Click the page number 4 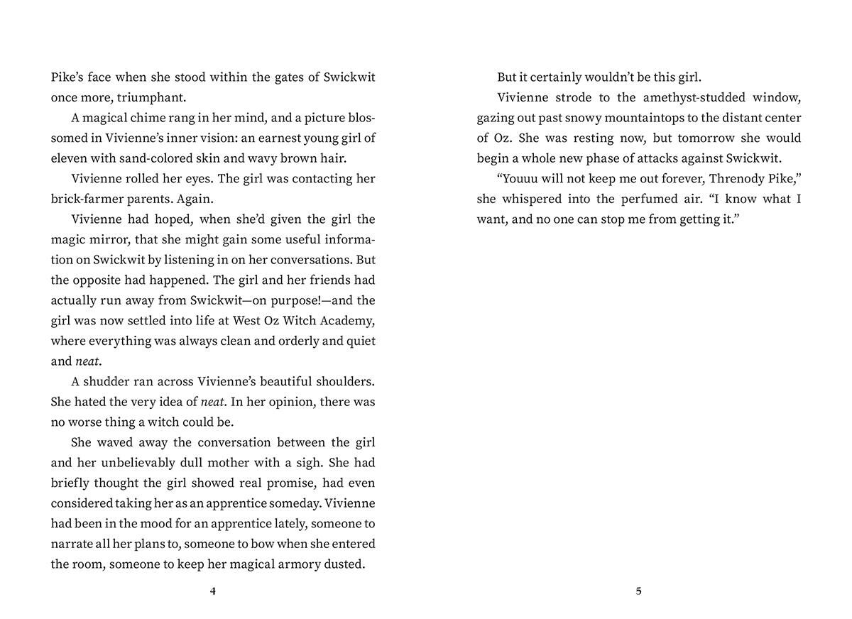[213, 591]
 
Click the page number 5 [638, 591]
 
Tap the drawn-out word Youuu [522, 179]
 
